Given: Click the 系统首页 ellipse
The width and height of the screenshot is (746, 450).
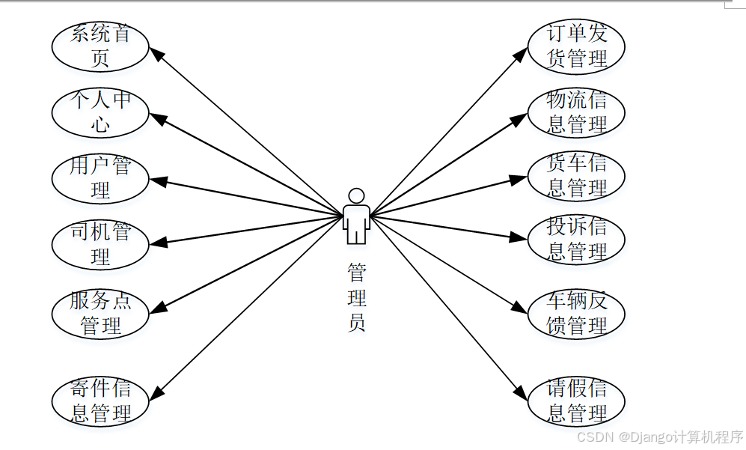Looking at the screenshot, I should pos(100,46).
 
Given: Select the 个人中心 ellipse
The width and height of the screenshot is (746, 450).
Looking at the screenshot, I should pos(100,112).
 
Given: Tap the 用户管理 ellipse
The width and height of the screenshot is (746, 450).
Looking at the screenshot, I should pos(100,178).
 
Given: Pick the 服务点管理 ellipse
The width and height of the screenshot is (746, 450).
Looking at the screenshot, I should pos(100,314).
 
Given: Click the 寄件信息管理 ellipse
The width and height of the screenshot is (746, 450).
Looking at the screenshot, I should pos(100,401).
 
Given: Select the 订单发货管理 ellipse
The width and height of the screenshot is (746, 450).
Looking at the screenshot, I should pos(576,46).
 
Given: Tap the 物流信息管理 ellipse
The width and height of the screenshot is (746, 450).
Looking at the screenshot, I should pos(576,112).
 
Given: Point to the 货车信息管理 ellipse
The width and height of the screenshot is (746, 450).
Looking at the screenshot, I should pos(576,176).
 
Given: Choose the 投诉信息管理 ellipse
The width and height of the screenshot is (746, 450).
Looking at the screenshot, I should pos(576,239).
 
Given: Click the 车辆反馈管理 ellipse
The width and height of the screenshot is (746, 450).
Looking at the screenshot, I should pos(576,314).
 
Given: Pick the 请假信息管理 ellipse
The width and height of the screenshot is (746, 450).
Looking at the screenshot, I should pos(576,401).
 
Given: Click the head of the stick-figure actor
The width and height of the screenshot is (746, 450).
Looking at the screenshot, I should pos(357,195).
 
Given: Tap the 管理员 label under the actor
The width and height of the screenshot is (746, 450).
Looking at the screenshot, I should pos(357,297).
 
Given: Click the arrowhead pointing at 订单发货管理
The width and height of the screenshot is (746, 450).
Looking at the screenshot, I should pos(522,53).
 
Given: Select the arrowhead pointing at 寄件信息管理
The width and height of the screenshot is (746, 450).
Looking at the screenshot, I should pos(158,392).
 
